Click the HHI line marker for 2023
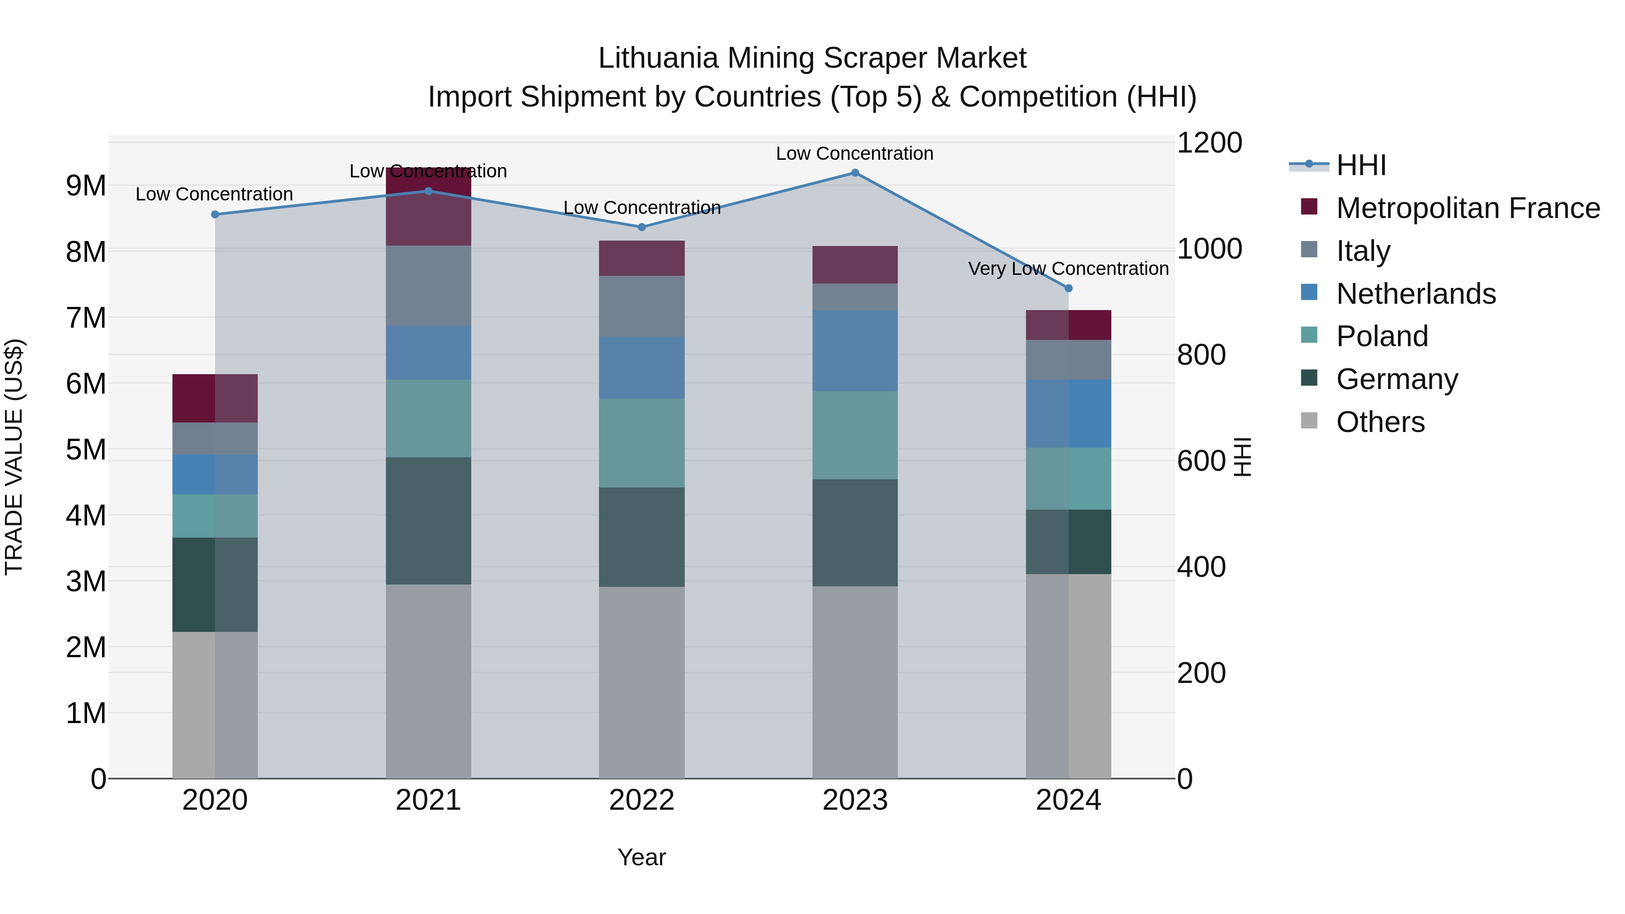coord(855,173)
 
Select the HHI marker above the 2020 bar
coord(215,214)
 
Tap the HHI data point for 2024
coord(1068,288)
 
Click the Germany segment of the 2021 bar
coord(428,520)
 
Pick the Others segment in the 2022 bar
coord(641,682)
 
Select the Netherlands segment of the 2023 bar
coord(855,351)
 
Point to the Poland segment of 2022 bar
coord(641,442)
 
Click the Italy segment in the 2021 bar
coord(428,285)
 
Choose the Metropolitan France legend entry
coord(1467,208)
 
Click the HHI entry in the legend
coord(1360,165)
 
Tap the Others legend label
coord(1380,422)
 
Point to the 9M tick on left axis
coord(86,186)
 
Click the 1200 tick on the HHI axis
coord(1209,143)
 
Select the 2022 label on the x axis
coord(641,800)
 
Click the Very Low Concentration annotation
coord(1068,269)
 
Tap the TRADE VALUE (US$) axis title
coord(14,457)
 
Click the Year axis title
coord(641,857)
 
